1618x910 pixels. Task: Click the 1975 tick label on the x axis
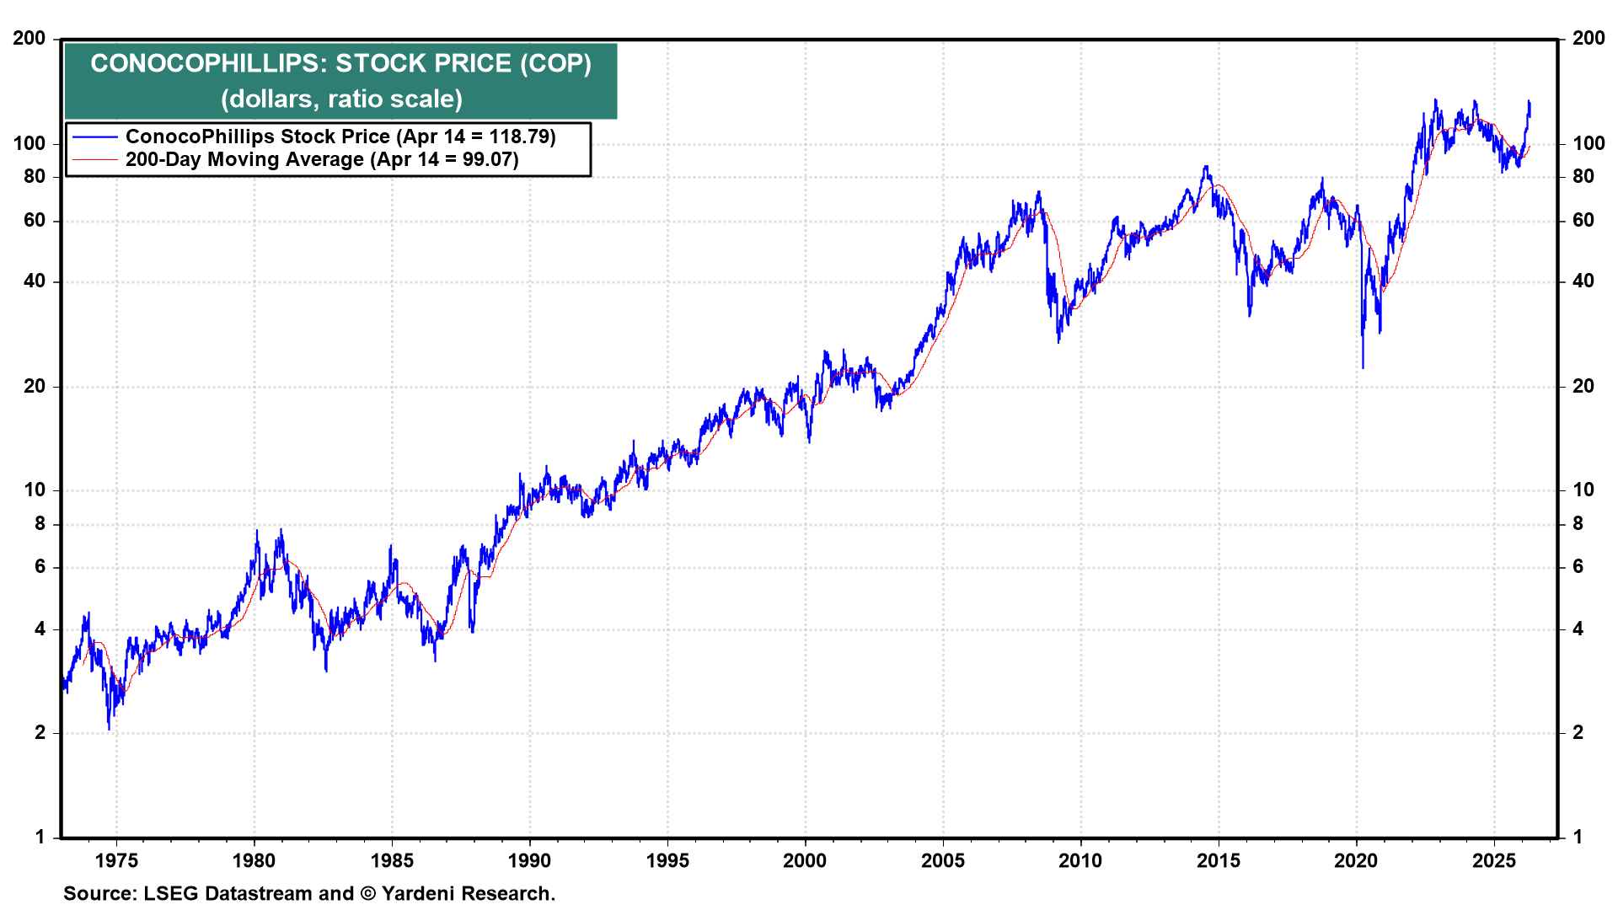click(116, 860)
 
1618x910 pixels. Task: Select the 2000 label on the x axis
click(805, 860)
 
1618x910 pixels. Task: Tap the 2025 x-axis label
click(1493, 860)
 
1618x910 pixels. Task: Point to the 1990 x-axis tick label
click(529, 860)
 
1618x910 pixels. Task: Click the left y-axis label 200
click(29, 39)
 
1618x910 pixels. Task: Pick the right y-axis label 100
click(1589, 143)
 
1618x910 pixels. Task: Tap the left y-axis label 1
click(40, 837)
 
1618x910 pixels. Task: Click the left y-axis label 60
click(35, 221)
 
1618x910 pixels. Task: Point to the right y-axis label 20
click(1583, 386)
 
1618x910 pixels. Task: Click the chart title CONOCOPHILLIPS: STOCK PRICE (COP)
click(340, 63)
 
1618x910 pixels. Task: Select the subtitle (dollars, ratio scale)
click(341, 99)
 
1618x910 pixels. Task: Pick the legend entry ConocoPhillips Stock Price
click(257, 136)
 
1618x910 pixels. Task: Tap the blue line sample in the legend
click(94, 136)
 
